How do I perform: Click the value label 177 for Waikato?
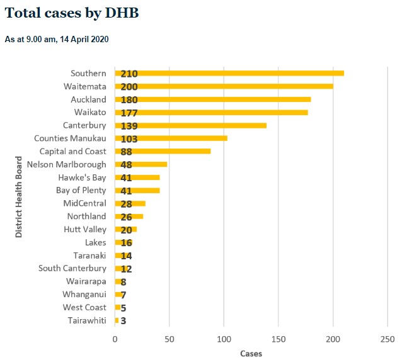pos(129,113)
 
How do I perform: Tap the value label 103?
pos(129,138)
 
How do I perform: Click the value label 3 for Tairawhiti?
pos(123,321)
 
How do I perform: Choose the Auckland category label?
pos(88,99)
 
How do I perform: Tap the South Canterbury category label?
pos(72,268)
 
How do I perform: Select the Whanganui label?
pos(84,295)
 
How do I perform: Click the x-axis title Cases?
pos(251,353)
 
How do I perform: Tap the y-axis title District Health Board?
pos(19,196)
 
